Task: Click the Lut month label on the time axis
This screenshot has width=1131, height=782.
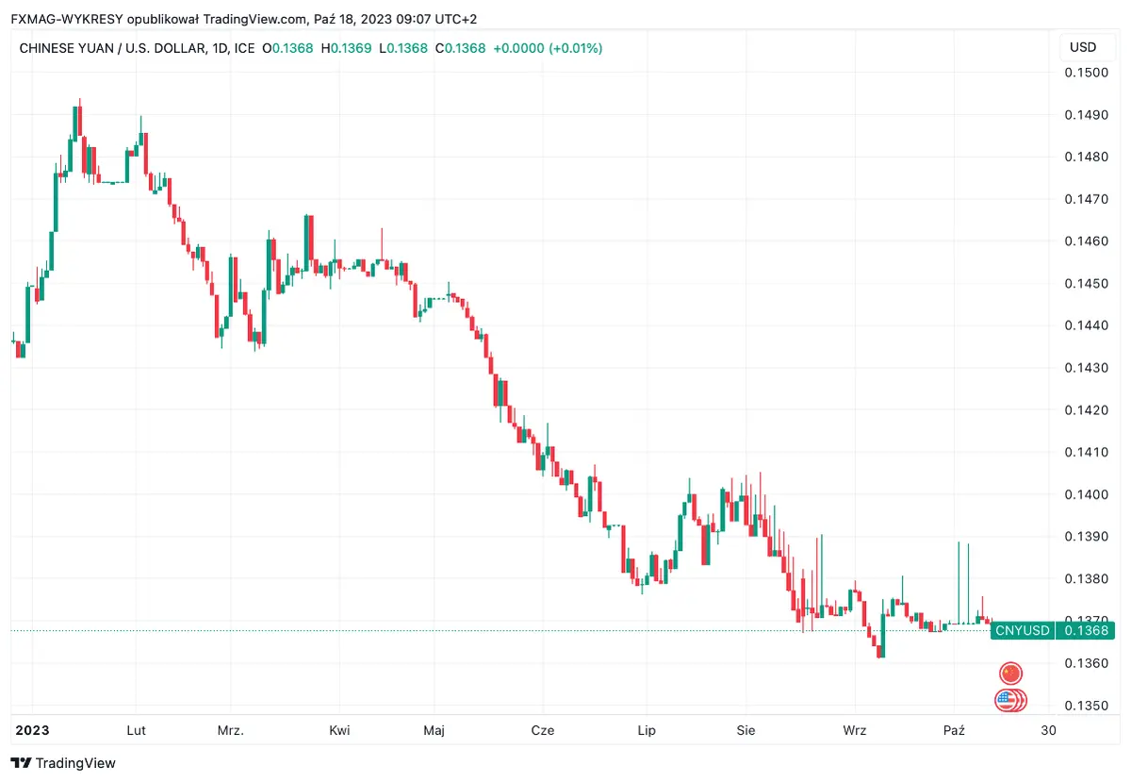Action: (136, 730)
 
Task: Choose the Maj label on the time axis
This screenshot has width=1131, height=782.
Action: (434, 730)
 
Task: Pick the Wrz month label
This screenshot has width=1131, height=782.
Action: (855, 730)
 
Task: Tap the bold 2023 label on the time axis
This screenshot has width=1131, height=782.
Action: (32, 730)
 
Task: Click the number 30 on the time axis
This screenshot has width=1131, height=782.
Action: (1048, 730)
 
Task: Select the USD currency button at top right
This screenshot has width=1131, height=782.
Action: (1083, 47)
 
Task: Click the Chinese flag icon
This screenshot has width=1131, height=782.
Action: (1010, 673)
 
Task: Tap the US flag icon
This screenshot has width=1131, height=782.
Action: (1008, 700)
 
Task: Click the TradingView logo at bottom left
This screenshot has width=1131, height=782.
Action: (63, 762)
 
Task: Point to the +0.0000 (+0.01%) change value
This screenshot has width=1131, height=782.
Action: (547, 48)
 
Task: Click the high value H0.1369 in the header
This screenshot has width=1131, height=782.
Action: (347, 48)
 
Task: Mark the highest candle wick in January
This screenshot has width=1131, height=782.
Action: (80, 101)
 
